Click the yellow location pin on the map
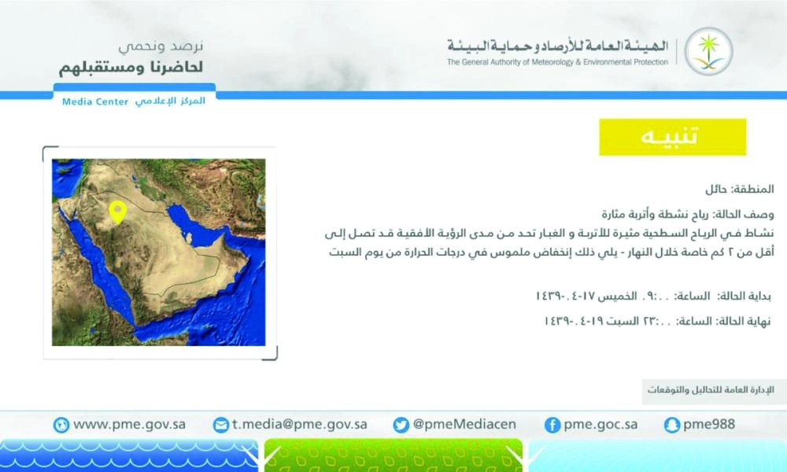[117, 212]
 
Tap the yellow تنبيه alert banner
[672, 137]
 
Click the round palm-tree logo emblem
[708, 51]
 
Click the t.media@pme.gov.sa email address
[299, 424]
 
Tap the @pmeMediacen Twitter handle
[465, 424]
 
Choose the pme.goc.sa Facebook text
[600, 424]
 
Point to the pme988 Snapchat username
[709, 424]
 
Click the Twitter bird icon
[401, 425]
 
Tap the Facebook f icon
[552, 425]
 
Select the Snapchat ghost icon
[671, 425]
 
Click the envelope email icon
[221, 425]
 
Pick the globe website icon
[61, 425]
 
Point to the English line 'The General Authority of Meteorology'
[557, 62]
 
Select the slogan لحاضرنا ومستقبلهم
[131, 67]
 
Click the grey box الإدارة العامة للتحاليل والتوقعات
[711, 390]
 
